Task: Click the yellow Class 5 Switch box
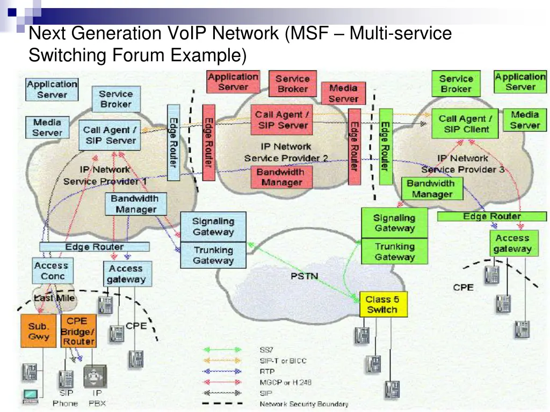coord(382,304)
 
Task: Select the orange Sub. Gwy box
coord(39,331)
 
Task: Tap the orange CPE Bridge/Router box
coord(78,331)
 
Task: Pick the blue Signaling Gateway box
coord(213,226)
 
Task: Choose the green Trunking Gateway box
coord(395,252)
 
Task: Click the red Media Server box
coord(343,93)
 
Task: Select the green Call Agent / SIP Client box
coord(464,124)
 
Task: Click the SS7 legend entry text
coord(266,350)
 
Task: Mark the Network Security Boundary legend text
coord(303,404)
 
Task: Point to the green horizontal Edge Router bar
coord(491,216)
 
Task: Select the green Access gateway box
coord(512,243)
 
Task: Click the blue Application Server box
coord(52,90)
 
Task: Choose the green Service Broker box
coord(455,84)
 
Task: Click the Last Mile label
coord(55,298)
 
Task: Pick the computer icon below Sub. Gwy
coord(30,395)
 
